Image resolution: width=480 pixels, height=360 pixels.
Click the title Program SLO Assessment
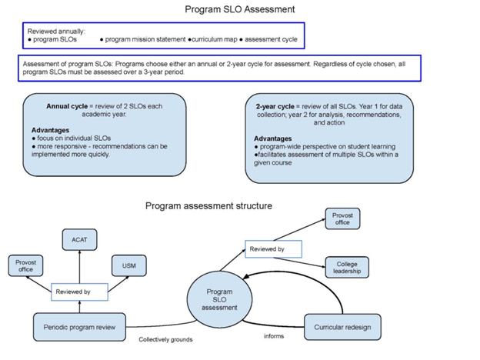coord(240,9)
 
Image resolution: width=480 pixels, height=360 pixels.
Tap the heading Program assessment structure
coord(208,206)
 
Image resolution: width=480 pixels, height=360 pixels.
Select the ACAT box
coord(79,239)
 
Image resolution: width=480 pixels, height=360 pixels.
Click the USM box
coord(128,267)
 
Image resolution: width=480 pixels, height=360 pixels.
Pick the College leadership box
coord(347,268)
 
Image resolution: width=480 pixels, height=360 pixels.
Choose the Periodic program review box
coord(79,327)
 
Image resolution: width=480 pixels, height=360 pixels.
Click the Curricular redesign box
coord(342,327)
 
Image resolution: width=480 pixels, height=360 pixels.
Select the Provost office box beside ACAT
coord(25,266)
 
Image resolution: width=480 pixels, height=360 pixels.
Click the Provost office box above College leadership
coord(342,218)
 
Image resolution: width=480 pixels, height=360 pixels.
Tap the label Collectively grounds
coord(165,339)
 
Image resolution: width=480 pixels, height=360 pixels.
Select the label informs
coord(273,336)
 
